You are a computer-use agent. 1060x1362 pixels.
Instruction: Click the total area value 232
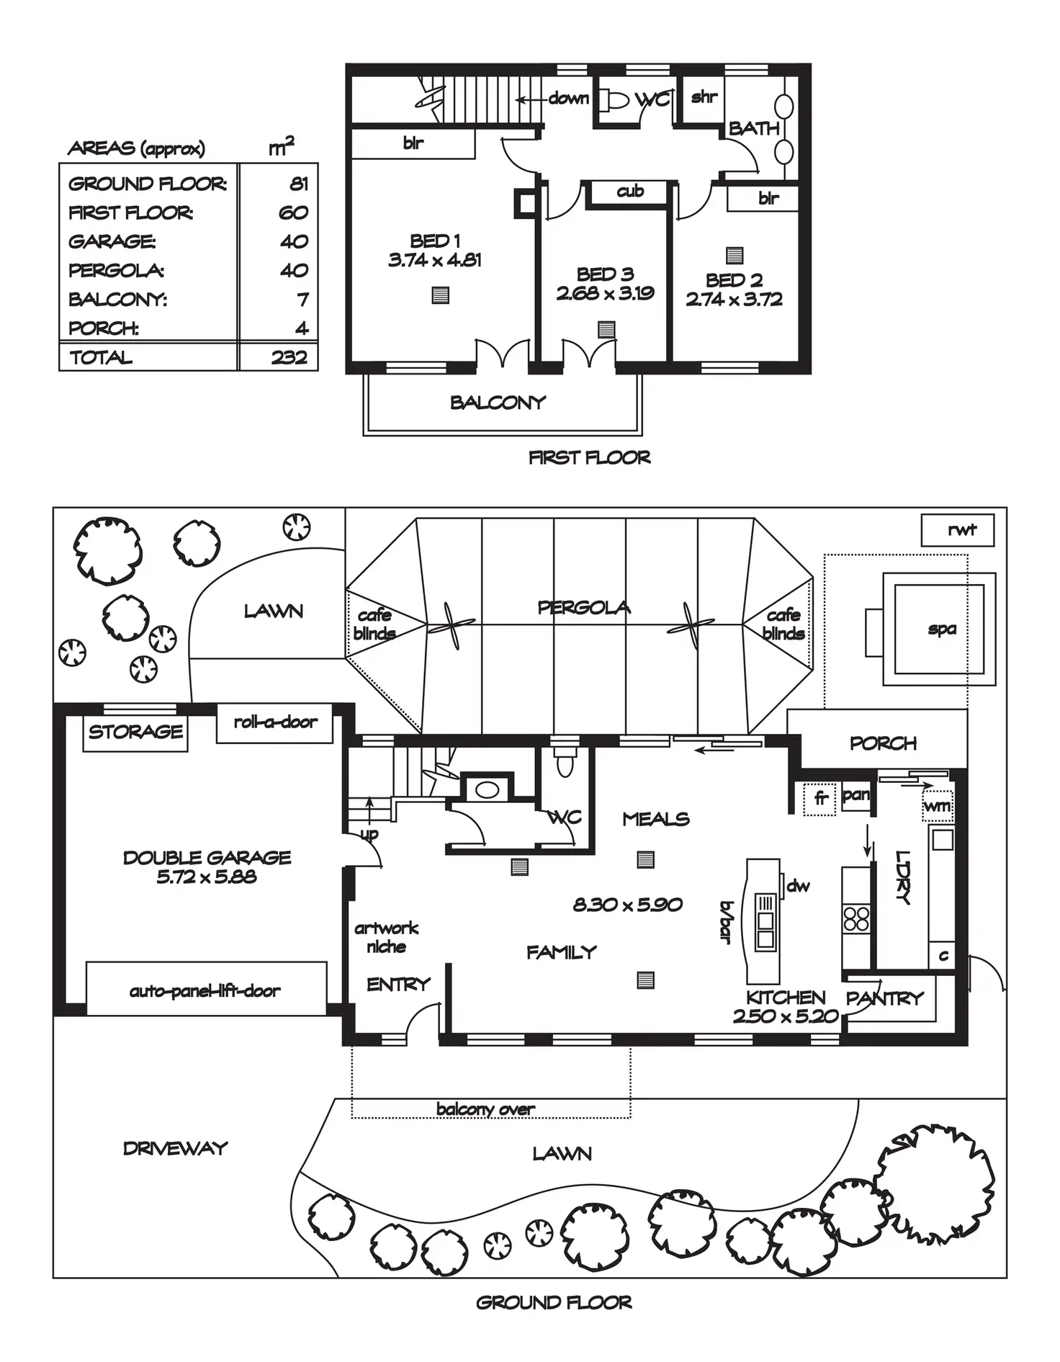pyautogui.click(x=289, y=357)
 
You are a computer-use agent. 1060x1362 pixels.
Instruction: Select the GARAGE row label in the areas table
pyautogui.click(x=112, y=241)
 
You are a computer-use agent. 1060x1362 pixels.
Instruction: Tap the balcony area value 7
pyautogui.click(x=303, y=299)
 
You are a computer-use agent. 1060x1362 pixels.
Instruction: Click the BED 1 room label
pyautogui.click(x=435, y=241)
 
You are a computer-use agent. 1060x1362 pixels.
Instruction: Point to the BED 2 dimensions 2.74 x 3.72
pyautogui.click(x=735, y=300)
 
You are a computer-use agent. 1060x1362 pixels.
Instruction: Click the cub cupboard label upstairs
pyautogui.click(x=630, y=191)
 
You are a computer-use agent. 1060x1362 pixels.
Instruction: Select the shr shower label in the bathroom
pyautogui.click(x=704, y=97)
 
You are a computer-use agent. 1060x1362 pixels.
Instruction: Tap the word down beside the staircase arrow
pyautogui.click(x=569, y=98)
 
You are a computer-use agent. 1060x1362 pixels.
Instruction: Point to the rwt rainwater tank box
pyautogui.click(x=958, y=530)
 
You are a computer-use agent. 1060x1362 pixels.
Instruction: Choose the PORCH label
pyautogui.click(x=884, y=743)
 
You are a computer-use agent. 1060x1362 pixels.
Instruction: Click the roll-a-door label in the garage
pyautogui.click(x=276, y=722)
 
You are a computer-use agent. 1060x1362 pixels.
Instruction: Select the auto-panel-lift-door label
pyautogui.click(x=205, y=991)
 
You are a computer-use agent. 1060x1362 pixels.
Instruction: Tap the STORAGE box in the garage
pyautogui.click(x=135, y=732)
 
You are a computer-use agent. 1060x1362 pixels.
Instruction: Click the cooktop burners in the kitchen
pyautogui.click(x=856, y=918)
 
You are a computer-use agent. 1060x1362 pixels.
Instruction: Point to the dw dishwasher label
pyautogui.click(x=798, y=886)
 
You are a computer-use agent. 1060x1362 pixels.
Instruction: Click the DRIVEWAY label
pyautogui.click(x=175, y=1148)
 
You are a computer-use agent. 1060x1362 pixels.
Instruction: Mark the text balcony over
pyautogui.click(x=485, y=1108)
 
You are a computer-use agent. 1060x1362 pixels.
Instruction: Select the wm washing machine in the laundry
pyautogui.click(x=937, y=805)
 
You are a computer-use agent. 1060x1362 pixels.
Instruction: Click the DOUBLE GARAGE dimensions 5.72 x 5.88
pyautogui.click(x=207, y=877)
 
